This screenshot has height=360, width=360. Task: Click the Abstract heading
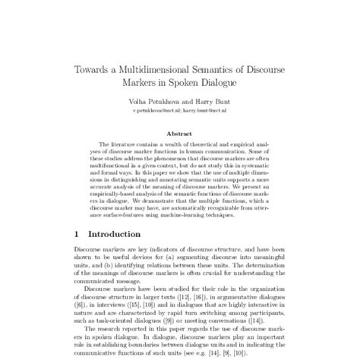(180, 131)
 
